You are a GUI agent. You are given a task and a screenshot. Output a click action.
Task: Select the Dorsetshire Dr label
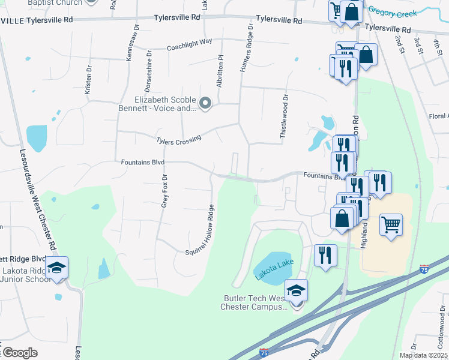coord(148,68)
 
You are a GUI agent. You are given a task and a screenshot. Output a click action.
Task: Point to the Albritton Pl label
coord(220,71)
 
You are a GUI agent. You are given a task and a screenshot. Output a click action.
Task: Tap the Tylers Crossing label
coord(178,140)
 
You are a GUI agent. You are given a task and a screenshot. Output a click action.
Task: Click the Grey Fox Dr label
coord(164,190)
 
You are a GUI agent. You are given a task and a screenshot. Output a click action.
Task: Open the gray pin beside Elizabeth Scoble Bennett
coord(205,104)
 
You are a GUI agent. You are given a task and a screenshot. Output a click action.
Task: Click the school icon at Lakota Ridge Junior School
coord(58,267)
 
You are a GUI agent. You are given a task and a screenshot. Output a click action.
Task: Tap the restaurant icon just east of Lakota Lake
coord(325,255)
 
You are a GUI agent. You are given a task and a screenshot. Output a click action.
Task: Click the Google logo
coord(19,353)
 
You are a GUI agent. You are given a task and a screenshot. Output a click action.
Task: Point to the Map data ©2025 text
coord(424,355)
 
